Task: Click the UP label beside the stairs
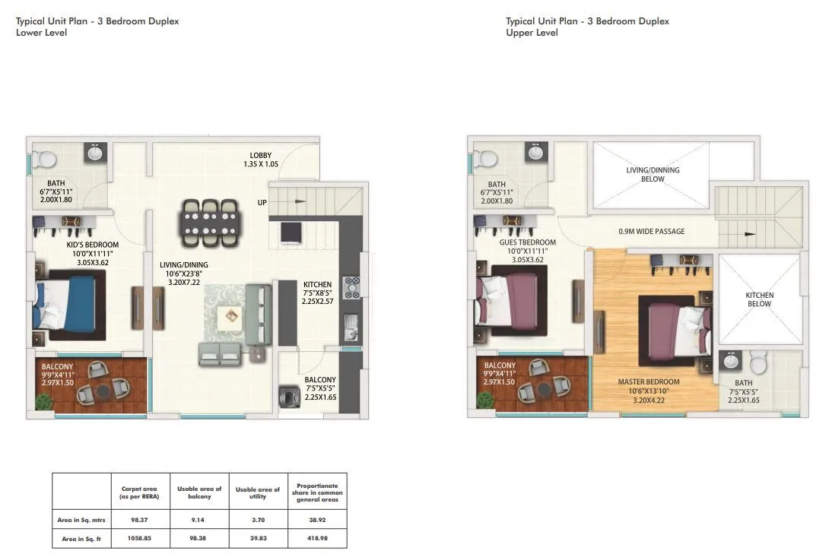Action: (x=262, y=203)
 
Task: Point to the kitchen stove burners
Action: (x=352, y=287)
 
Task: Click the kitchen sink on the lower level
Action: (x=351, y=329)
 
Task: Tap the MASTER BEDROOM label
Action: (x=649, y=381)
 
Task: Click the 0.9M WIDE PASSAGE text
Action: (x=650, y=232)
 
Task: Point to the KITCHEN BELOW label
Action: (x=759, y=299)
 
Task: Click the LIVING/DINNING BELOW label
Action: (x=653, y=175)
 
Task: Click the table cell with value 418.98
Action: (x=317, y=539)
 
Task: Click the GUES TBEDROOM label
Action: (x=527, y=242)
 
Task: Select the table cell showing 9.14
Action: (x=198, y=520)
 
